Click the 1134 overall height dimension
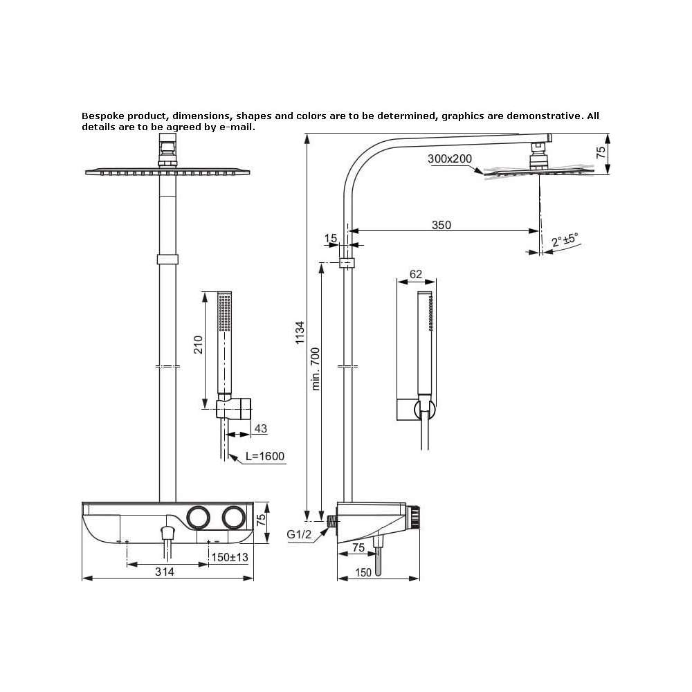(x=300, y=332)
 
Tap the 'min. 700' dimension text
(x=316, y=369)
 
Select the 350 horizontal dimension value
(x=441, y=225)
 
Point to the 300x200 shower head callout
(x=450, y=158)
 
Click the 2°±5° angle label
(x=565, y=241)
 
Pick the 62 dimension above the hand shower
(x=416, y=274)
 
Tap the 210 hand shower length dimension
(x=199, y=345)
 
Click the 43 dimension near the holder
(x=261, y=428)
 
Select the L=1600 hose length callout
(x=265, y=456)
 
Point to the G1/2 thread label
(x=299, y=534)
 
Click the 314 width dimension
(x=165, y=572)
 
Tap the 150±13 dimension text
(x=230, y=557)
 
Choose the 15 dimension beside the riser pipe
(x=331, y=238)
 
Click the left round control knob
(x=198, y=517)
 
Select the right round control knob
(x=233, y=517)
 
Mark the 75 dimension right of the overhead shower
(x=601, y=153)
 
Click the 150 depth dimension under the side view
(x=363, y=572)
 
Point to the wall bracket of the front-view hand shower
(x=234, y=408)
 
